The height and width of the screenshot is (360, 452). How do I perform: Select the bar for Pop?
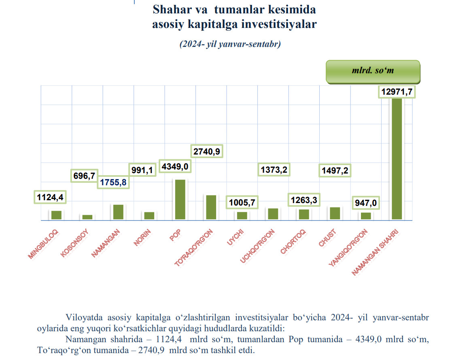180,199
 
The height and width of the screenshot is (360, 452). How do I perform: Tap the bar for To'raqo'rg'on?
211,207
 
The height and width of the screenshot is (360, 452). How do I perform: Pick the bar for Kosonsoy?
87,217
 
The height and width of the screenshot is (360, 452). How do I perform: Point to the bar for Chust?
335,213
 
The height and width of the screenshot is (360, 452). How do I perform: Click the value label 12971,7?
397,92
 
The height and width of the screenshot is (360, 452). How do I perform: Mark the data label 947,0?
365,203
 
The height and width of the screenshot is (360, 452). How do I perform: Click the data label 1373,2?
273,170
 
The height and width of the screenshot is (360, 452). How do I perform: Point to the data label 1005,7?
242,203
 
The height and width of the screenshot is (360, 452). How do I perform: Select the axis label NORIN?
143,237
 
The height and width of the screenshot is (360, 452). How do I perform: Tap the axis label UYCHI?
236,238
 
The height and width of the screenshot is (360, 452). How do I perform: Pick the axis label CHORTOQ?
293,242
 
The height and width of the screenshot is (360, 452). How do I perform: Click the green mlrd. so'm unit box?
373,72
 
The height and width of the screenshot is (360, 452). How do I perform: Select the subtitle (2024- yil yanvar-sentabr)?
230,44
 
